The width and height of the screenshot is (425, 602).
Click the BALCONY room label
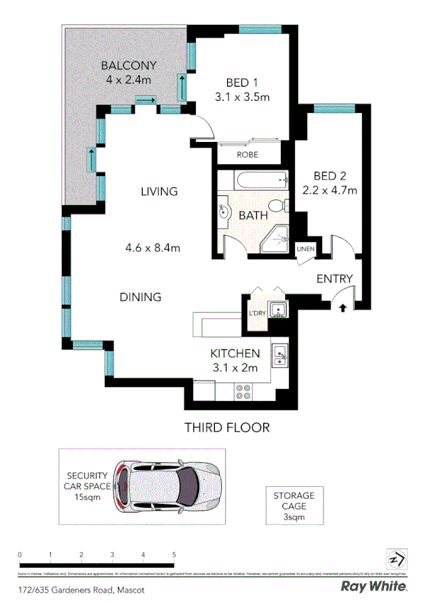coord(128,66)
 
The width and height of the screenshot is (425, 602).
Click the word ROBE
coord(248,155)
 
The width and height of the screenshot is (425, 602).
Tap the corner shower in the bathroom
coord(275,241)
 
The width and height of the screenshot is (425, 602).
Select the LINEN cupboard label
coord(305,248)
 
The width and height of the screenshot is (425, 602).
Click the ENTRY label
coord(334,278)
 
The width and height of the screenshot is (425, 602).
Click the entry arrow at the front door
coord(343,307)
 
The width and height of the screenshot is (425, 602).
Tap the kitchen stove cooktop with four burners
coord(243,390)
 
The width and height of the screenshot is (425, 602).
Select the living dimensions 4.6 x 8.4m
coord(153,248)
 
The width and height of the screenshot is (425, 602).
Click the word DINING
coord(140,297)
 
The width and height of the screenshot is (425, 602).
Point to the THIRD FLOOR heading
coord(227,427)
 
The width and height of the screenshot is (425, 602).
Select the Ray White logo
coord(374,586)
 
